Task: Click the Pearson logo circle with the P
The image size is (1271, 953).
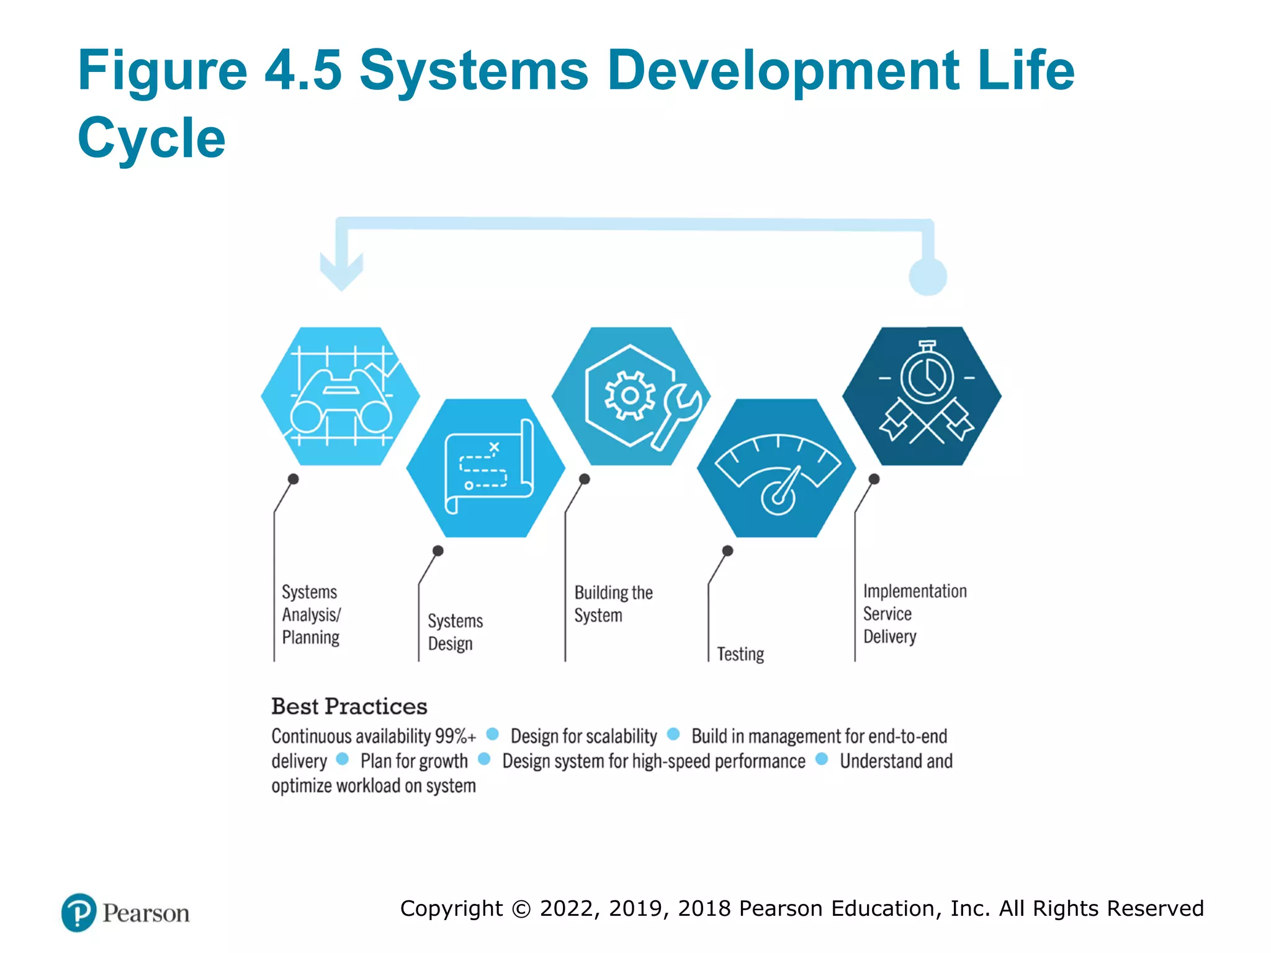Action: pyautogui.click(x=79, y=913)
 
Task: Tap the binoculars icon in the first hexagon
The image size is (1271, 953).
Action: pyautogui.click(x=341, y=400)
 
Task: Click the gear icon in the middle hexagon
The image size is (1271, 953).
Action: pyautogui.click(x=630, y=396)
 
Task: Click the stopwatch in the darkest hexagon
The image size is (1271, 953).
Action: pyautogui.click(x=927, y=374)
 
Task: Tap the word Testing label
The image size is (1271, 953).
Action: pyautogui.click(x=740, y=654)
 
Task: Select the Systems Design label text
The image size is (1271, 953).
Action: pyautogui.click(x=455, y=632)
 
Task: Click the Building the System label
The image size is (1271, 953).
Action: pyautogui.click(x=613, y=604)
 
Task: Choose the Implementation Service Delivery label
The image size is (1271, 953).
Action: pyautogui.click(x=914, y=614)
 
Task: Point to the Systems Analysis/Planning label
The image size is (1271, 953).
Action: pyautogui.click(x=311, y=614)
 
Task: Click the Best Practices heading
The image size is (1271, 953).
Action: pyautogui.click(x=349, y=706)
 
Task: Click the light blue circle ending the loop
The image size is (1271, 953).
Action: pyautogui.click(x=928, y=277)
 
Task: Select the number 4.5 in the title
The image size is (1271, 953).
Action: pyautogui.click(x=303, y=69)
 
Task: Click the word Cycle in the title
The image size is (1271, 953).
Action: pyautogui.click(x=151, y=138)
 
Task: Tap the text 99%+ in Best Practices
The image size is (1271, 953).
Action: pyautogui.click(x=455, y=736)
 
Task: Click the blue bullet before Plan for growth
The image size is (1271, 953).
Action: pyautogui.click(x=342, y=759)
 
